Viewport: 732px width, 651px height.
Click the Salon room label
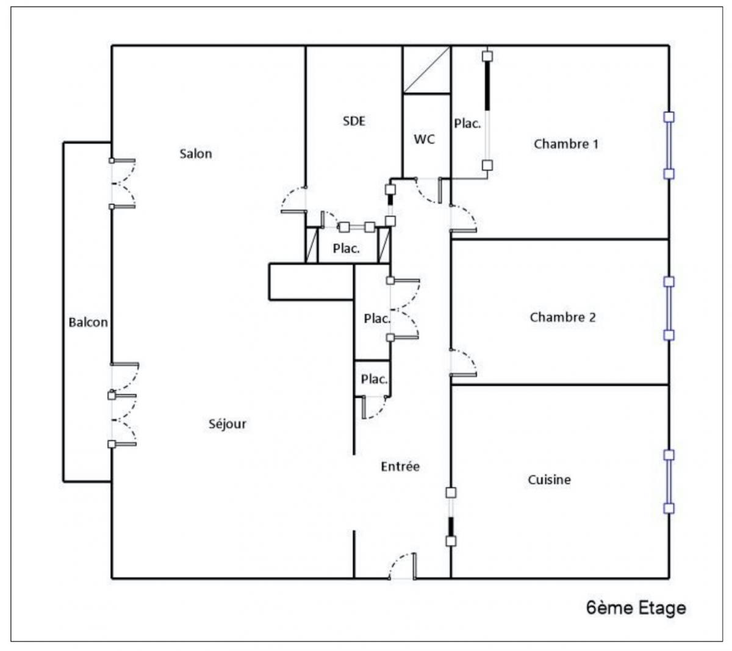(196, 154)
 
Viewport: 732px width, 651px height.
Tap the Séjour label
(228, 424)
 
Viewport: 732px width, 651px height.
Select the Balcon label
(88, 322)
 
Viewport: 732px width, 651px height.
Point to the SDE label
(354, 121)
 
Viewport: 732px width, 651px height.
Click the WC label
(425, 139)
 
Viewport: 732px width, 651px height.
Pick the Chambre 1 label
(565, 144)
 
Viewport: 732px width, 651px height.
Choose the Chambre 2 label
(562, 317)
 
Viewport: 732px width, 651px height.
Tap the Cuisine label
(549, 480)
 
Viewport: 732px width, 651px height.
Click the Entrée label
(400, 467)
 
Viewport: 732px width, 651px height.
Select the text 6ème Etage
(636, 608)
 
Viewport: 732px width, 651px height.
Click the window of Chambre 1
(669, 145)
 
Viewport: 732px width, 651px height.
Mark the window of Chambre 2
(669, 308)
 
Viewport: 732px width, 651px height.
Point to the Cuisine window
(669, 481)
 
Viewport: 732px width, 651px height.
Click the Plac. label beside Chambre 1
(467, 124)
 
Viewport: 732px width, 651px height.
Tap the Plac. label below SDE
(346, 249)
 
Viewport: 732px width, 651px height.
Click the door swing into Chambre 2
(464, 364)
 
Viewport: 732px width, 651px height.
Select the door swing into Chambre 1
(464, 218)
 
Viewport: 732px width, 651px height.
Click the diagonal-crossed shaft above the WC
(426, 70)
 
